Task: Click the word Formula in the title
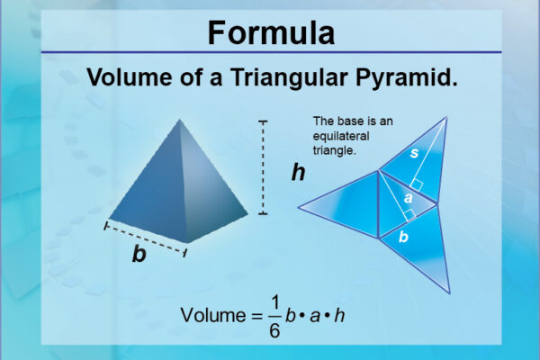coord(270,32)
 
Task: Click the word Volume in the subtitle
coord(129,78)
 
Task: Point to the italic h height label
coord(298,172)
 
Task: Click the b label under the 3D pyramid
coord(139,255)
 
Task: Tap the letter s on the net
coord(413,154)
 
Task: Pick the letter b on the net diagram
coord(403,238)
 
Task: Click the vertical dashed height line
coord(263,166)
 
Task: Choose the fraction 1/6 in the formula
coord(274,317)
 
